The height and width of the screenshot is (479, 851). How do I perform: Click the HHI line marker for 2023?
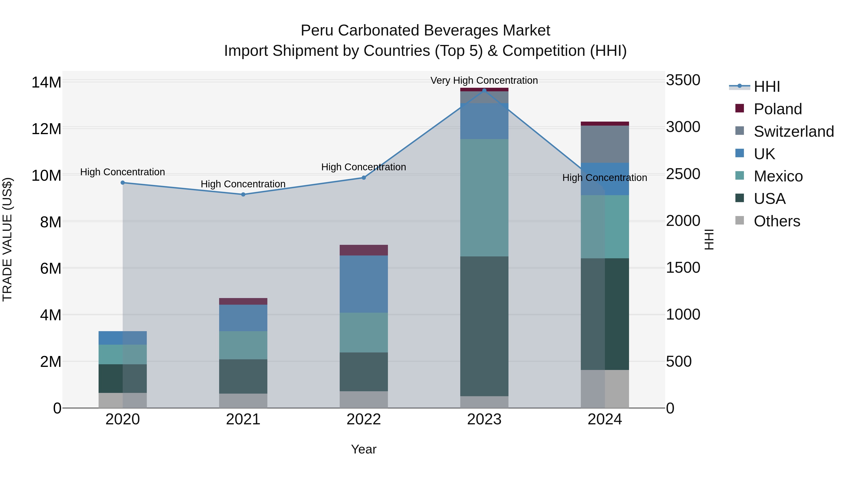point(484,90)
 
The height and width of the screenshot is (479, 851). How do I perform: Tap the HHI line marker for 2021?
point(243,194)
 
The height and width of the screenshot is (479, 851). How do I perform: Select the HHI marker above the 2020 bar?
point(122,182)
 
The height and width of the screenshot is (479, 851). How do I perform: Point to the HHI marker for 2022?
point(364,177)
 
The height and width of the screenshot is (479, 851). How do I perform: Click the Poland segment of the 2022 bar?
point(364,250)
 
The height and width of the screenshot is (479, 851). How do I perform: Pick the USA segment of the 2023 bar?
point(484,326)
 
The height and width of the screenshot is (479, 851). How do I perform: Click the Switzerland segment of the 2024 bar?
point(605,144)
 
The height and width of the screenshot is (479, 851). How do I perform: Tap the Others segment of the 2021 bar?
point(243,401)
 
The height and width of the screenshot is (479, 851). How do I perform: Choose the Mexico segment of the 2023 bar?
point(484,198)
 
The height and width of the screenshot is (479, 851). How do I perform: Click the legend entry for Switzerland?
point(794,132)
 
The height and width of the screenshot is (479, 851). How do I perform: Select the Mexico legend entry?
point(778,176)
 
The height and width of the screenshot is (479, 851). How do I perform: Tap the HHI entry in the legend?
point(766,87)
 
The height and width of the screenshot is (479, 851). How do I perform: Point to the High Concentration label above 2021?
point(243,184)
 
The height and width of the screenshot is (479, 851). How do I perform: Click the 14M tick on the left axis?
point(46,82)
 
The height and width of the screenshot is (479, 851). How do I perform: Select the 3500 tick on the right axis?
point(682,80)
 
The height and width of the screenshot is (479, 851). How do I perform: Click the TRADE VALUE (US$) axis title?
point(8,239)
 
